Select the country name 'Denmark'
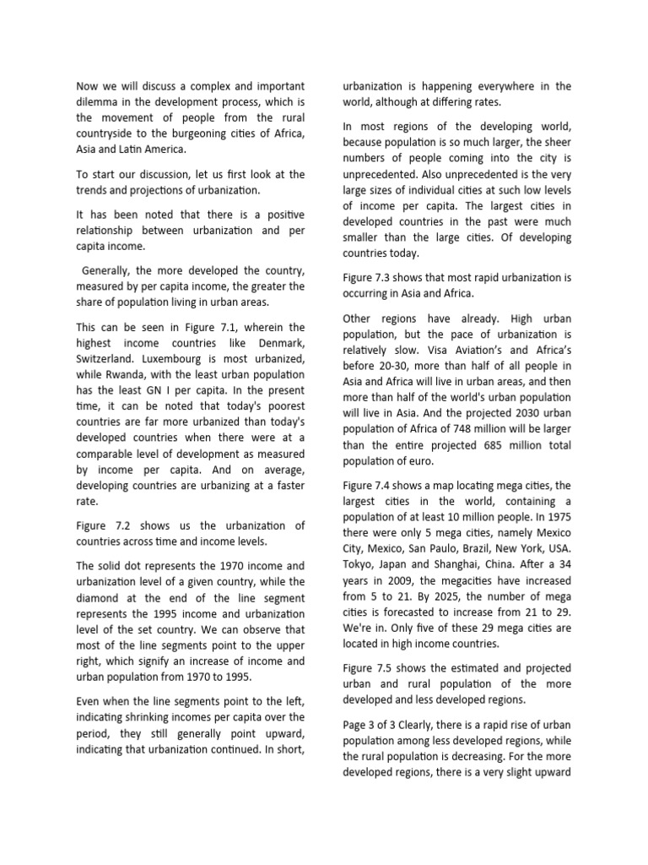(x=279, y=342)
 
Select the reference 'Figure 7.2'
(x=108, y=525)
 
